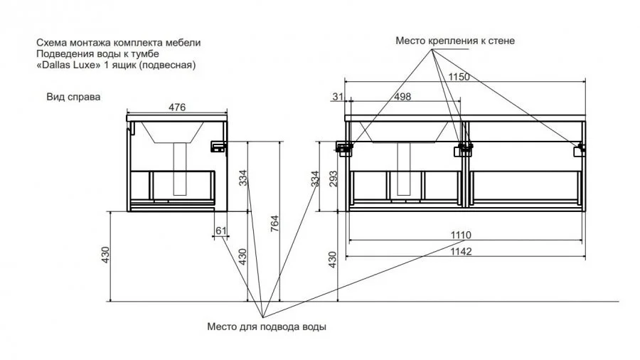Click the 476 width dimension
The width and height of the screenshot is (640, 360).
click(177, 107)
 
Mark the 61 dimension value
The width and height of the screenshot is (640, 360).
click(220, 230)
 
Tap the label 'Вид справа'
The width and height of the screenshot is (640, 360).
click(73, 97)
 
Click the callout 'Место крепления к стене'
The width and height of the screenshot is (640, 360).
click(455, 41)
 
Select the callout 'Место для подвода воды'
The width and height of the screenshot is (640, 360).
click(267, 327)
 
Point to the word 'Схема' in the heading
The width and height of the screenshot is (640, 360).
click(50, 43)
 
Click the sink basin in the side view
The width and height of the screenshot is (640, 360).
click(171, 131)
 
